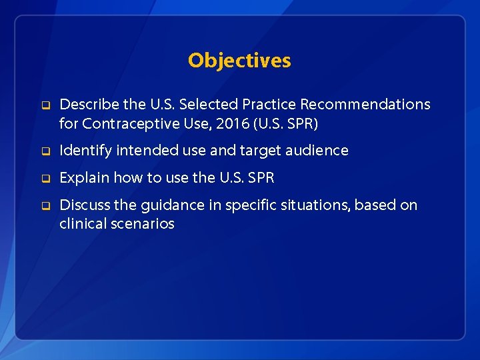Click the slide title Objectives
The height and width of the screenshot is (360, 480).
(239, 61)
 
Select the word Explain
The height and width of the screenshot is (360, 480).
(84, 178)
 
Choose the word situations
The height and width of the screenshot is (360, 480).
(311, 205)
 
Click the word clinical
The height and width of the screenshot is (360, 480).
(81, 224)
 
